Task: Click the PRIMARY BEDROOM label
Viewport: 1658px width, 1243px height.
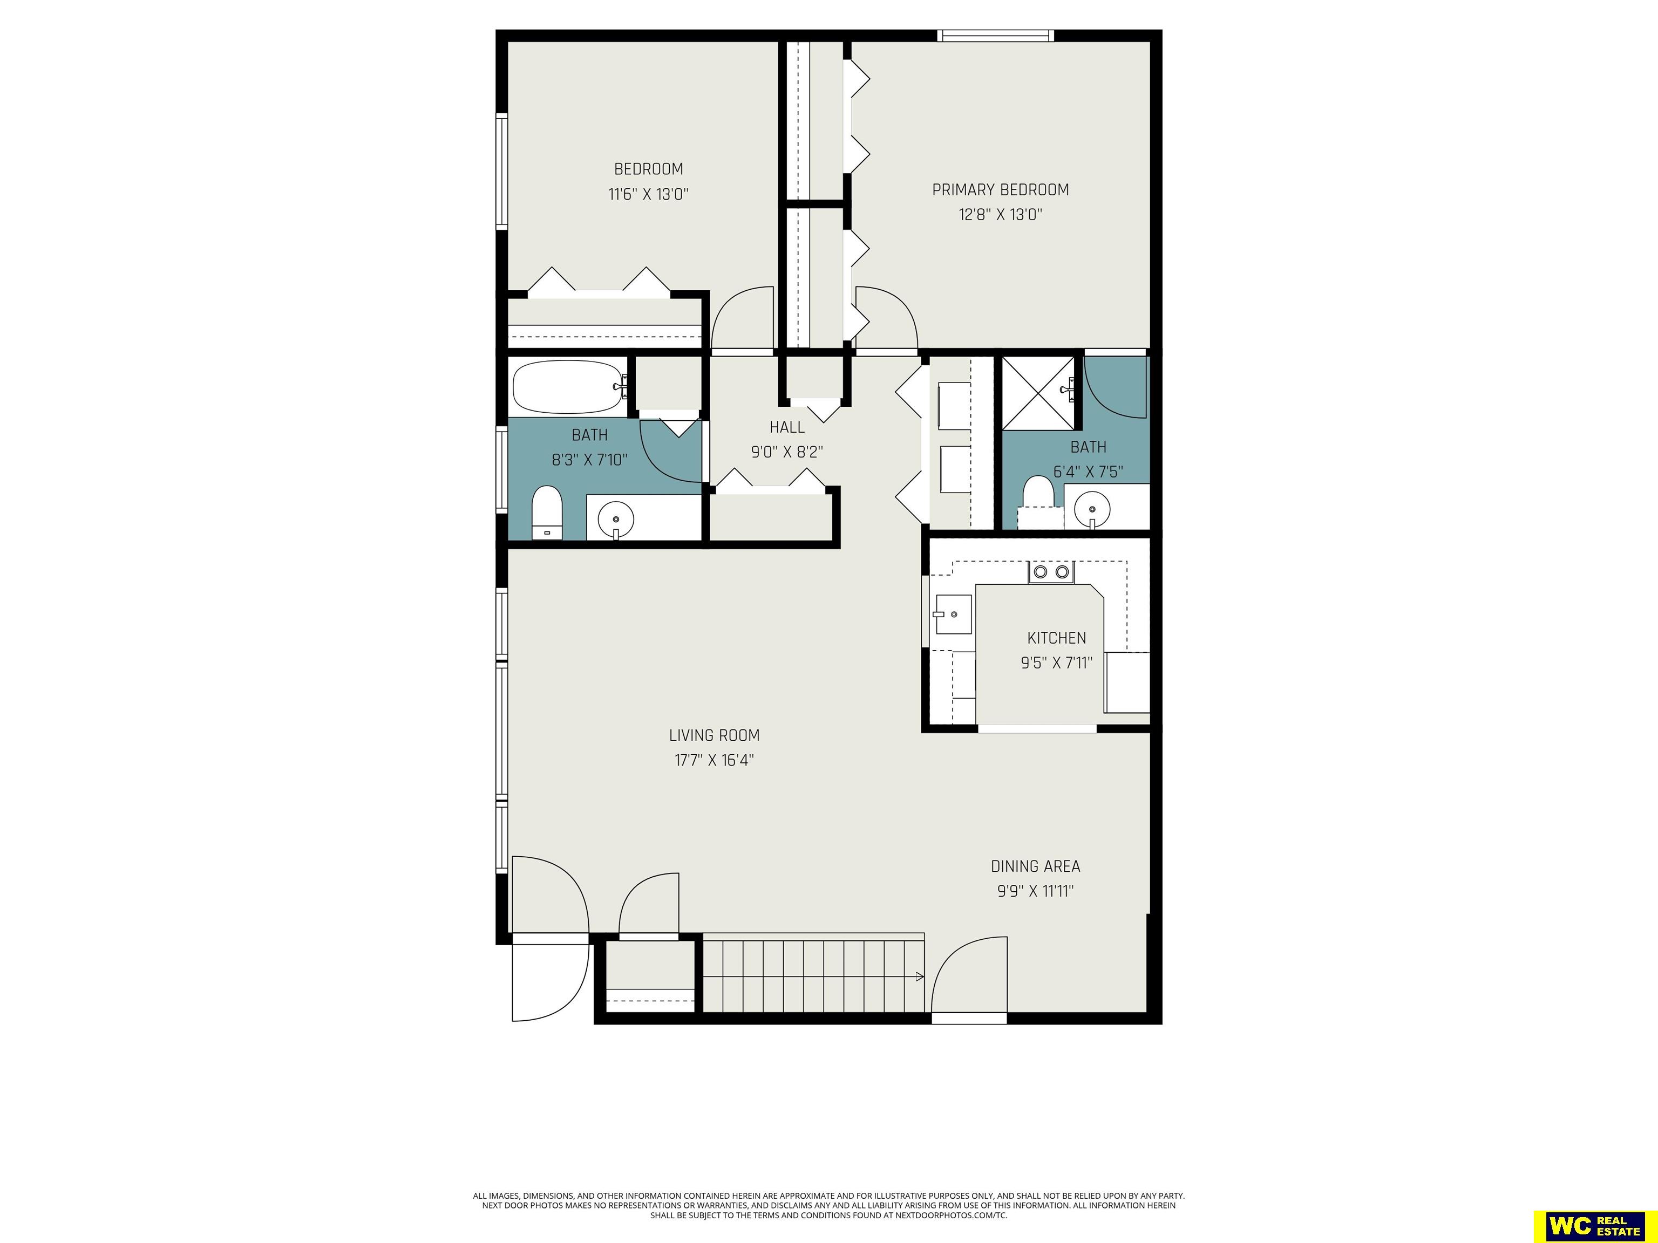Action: tap(1000, 189)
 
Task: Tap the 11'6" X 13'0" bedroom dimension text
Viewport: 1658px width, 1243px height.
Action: tap(648, 194)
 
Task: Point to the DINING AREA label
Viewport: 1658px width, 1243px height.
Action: tap(1035, 866)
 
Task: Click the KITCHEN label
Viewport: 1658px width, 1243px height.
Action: tap(1056, 638)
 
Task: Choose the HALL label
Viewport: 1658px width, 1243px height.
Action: tap(787, 427)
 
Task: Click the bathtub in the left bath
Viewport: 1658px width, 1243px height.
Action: tap(569, 387)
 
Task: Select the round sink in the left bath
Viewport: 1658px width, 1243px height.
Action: tap(615, 518)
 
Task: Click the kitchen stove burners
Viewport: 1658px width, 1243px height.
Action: tap(1051, 572)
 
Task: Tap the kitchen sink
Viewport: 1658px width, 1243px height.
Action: tap(952, 614)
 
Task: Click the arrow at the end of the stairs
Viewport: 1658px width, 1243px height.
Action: tap(919, 976)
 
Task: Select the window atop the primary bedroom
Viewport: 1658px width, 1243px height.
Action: tap(995, 35)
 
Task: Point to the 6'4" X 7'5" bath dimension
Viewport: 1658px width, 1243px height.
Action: tap(1089, 472)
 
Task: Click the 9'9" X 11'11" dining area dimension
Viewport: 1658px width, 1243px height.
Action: tap(1036, 891)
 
